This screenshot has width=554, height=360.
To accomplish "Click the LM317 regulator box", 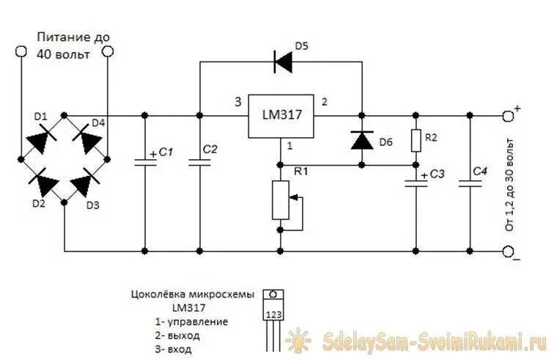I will [281, 116].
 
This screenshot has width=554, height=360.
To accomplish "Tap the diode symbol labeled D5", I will [282, 62].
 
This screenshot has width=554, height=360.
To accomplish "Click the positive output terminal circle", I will [509, 115].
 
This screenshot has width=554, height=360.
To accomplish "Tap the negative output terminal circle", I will [509, 251].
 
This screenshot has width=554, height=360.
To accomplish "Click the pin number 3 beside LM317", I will [236, 101].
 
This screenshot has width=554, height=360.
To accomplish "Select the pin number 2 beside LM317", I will [325, 101].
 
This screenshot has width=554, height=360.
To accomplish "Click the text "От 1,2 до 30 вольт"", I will [510, 183].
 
